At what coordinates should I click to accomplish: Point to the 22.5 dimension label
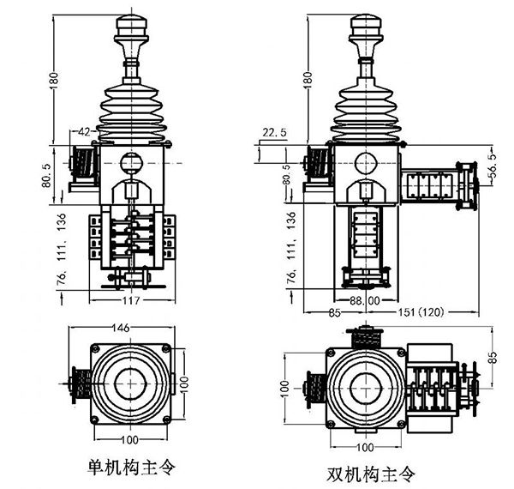[275, 131]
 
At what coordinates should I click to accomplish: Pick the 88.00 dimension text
[364, 301]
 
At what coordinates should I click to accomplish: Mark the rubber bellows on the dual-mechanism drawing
[364, 112]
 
